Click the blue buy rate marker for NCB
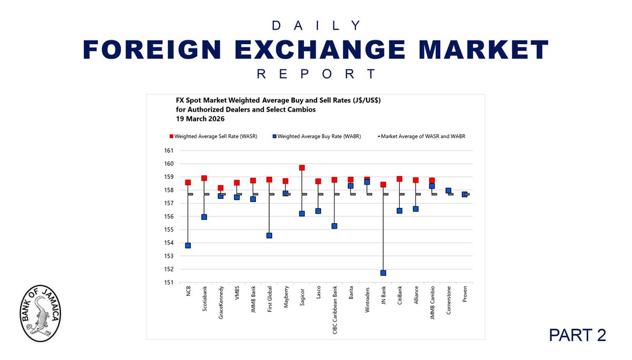pos(188,245)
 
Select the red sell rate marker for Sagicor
pos(302,168)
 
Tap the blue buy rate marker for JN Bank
pos(383,273)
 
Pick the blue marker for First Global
pos(269,235)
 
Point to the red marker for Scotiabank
pos(204,178)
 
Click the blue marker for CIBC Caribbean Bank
pos(334,226)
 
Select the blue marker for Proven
pos(465,194)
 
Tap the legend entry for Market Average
pos(422,136)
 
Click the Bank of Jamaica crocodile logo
pos(40,314)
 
